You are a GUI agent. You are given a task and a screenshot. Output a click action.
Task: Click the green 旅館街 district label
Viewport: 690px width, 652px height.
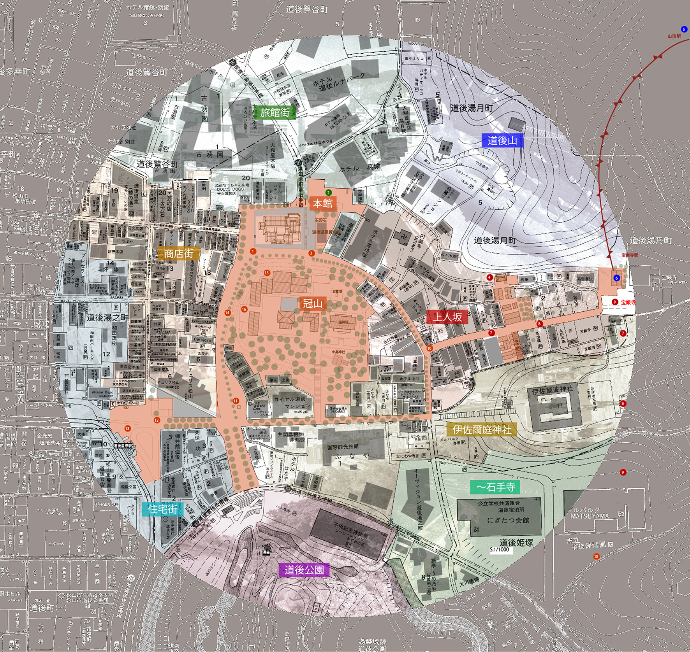(275, 112)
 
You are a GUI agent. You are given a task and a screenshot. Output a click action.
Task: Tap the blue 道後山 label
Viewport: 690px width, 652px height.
(502, 140)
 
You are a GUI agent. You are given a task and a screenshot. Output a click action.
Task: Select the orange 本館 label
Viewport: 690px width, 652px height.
(322, 203)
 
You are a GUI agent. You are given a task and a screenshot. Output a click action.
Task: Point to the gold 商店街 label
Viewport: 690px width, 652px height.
(179, 254)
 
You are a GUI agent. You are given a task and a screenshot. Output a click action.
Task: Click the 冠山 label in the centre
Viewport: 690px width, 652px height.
(312, 304)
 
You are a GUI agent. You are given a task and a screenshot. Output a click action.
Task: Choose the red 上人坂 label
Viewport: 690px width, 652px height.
(448, 317)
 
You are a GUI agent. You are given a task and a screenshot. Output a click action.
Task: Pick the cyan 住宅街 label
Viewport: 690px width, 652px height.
(163, 509)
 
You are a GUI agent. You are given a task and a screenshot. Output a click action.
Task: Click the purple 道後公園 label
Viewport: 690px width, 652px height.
(304, 570)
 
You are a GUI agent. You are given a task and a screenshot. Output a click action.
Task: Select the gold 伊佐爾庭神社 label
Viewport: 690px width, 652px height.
(482, 430)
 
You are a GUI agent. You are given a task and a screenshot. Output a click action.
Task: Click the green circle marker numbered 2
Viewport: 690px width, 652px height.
(329, 193)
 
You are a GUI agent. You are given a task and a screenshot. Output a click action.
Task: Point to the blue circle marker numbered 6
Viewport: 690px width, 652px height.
(616, 278)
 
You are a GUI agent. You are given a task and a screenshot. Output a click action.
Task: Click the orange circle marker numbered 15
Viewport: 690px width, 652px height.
(267, 273)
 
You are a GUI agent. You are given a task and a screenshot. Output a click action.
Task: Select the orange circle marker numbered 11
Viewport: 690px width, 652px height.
(236, 401)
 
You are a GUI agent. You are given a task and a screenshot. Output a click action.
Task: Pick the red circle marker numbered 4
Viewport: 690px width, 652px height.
(490, 277)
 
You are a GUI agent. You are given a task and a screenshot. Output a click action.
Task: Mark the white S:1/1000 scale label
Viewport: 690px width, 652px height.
(499, 550)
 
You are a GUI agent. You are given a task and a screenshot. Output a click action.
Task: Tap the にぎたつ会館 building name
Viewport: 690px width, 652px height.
(508, 520)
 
